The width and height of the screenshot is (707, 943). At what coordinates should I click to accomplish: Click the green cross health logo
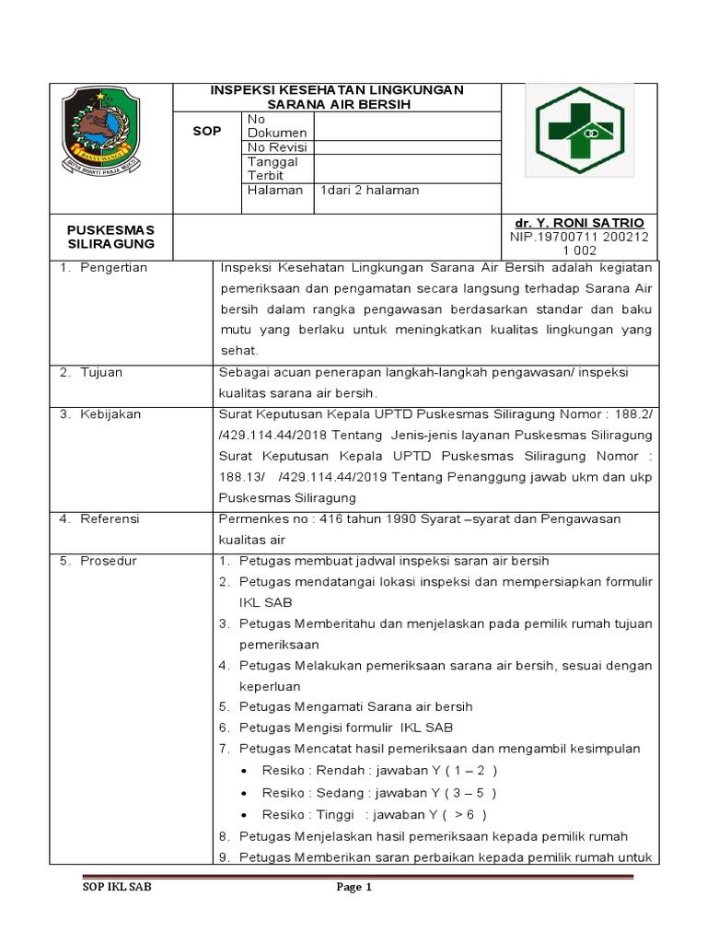pos(580,129)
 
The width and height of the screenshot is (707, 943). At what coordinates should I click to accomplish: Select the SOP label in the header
pos(207,132)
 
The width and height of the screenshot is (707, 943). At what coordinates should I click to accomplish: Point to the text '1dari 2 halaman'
pos(369,191)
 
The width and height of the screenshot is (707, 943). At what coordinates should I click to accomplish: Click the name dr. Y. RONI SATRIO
pos(580,224)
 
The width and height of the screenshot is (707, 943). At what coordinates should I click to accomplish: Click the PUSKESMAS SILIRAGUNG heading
pos(111,237)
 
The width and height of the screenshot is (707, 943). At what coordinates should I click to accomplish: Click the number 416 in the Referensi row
pos(320,519)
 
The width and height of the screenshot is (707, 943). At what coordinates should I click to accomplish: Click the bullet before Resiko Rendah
pos(242,771)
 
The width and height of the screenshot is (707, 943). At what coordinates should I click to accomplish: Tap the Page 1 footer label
pos(353,889)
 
